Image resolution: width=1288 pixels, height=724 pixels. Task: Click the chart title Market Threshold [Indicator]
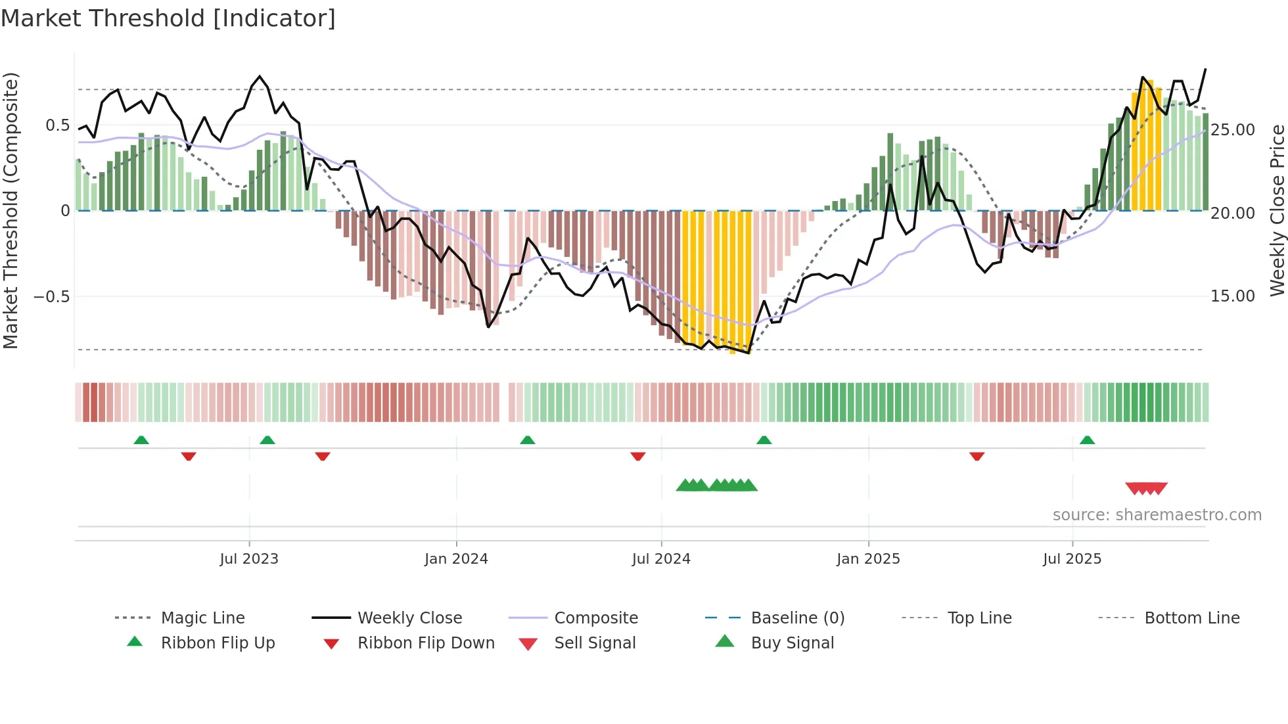(x=168, y=18)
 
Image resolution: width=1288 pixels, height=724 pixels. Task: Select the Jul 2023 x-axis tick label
(x=249, y=559)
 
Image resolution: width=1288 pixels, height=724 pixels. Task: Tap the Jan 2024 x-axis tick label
(x=456, y=559)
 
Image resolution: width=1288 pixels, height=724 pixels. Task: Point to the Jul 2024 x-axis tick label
(x=661, y=559)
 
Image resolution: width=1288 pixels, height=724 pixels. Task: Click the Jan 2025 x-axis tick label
(x=868, y=559)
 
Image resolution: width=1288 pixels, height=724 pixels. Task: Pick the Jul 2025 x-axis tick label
(x=1072, y=559)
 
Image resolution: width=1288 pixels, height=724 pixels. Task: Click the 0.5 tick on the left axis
(x=58, y=125)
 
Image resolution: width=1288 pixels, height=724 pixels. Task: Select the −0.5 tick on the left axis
(x=52, y=296)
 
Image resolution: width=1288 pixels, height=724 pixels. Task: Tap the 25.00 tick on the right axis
(x=1233, y=130)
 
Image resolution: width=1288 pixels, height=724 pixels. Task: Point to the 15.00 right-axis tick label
(x=1233, y=296)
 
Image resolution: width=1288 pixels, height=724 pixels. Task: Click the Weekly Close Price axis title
(x=1277, y=210)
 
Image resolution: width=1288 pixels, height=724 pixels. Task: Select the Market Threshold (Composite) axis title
(x=11, y=210)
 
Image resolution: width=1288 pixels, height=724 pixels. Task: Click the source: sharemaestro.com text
(x=1157, y=515)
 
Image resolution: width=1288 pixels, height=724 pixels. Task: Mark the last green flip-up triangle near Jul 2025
(x=1087, y=440)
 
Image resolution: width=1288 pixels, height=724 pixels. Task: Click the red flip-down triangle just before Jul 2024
(x=637, y=456)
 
